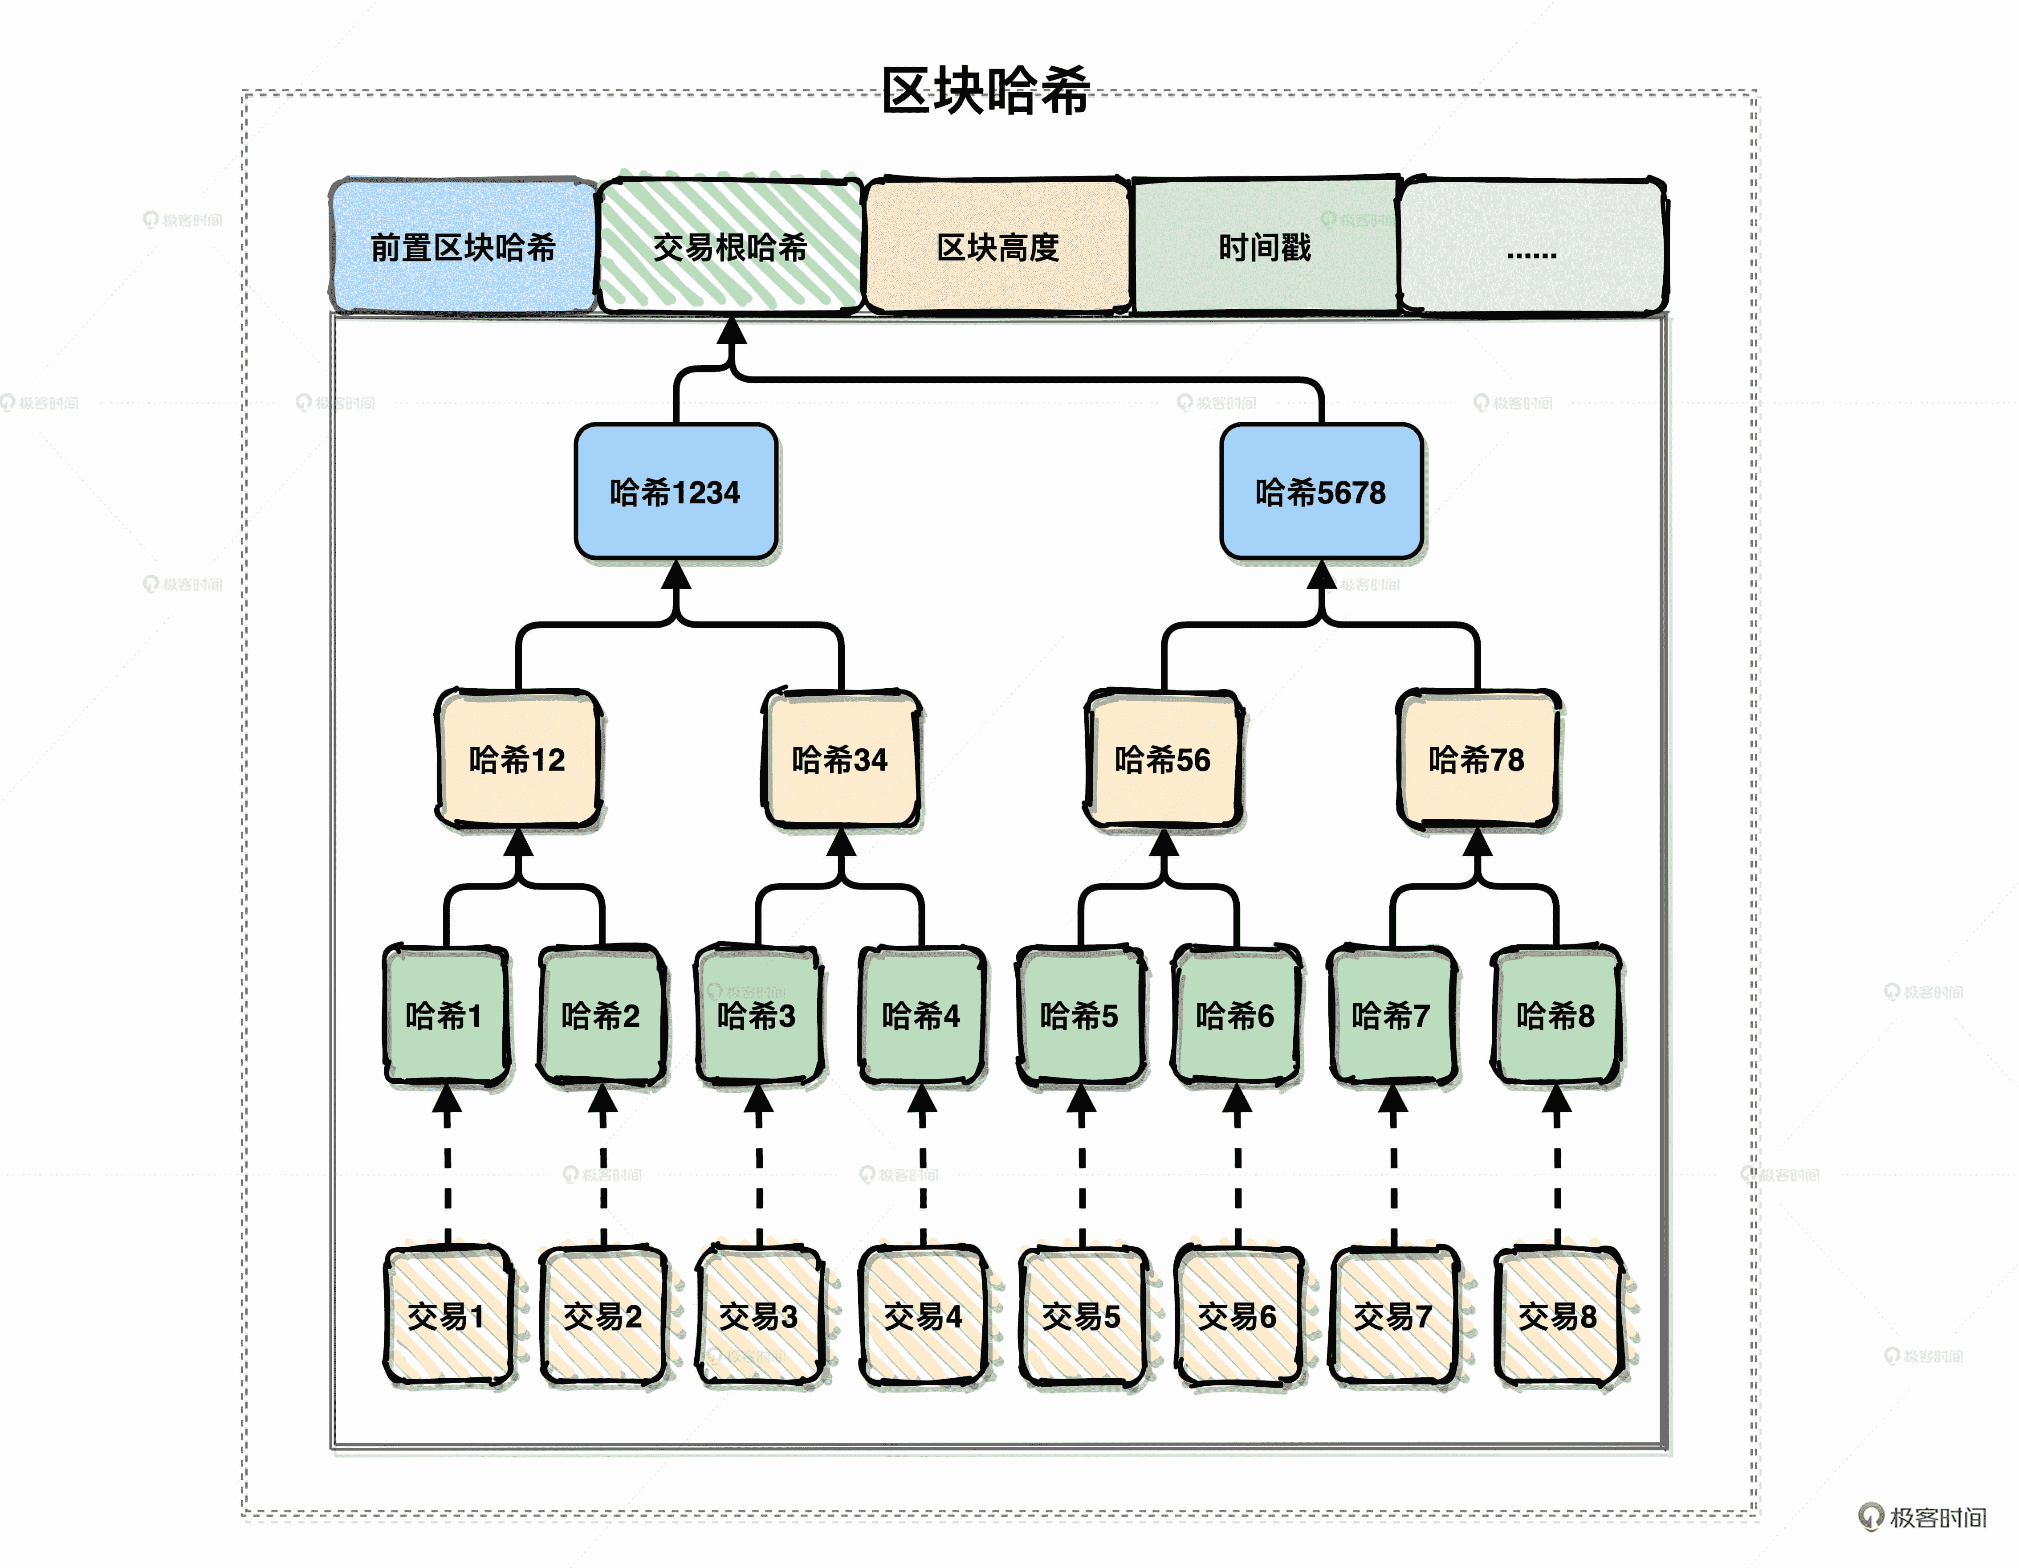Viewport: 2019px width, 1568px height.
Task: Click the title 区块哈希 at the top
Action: click(985, 90)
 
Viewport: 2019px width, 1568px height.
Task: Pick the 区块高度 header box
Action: click(997, 247)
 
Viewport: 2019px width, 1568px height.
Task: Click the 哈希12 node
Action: click(518, 759)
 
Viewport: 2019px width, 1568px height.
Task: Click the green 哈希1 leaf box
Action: click(446, 1015)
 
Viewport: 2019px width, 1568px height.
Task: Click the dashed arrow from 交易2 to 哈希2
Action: click(603, 1174)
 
